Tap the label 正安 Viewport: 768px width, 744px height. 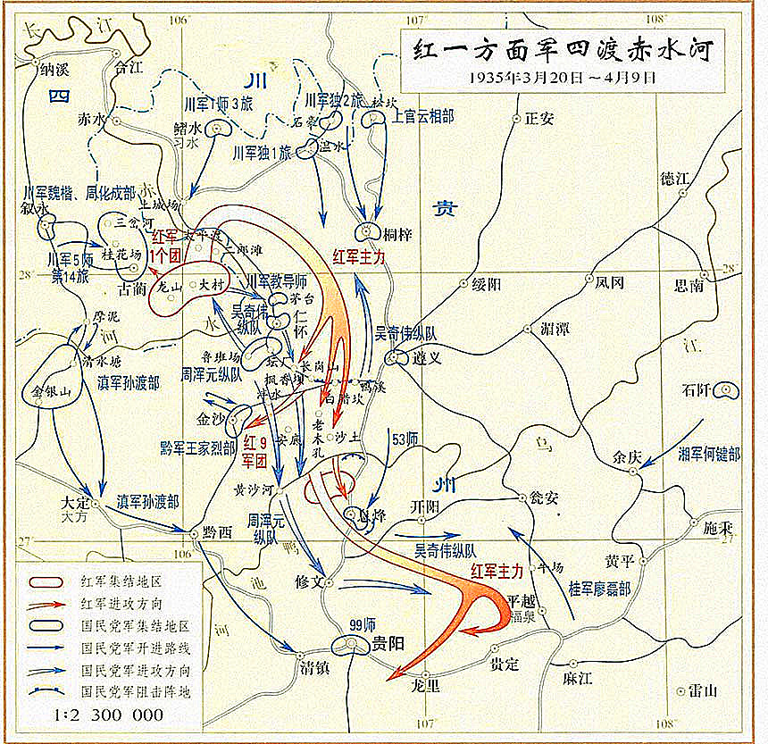point(539,118)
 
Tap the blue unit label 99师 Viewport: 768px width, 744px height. point(362,624)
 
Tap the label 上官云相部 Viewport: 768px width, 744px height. point(423,116)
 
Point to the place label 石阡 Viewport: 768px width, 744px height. point(697,389)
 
